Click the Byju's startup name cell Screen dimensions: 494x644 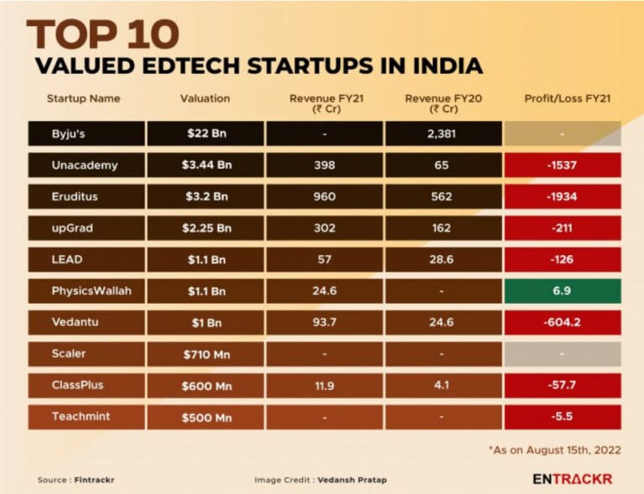tap(86, 133)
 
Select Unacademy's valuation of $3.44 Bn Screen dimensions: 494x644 tap(205, 165)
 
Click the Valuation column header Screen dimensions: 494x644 tap(205, 98)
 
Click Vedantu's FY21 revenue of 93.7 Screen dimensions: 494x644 tap(324, 323)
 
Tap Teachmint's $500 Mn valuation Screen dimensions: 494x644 tap(205, 417)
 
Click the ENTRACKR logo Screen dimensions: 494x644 tap(572, 479)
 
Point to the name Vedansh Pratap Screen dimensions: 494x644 tap(360, 480)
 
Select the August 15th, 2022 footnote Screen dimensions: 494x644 tap(555, 450)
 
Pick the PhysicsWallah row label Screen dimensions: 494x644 tap(86, 291)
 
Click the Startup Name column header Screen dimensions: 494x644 tap(83, 98)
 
